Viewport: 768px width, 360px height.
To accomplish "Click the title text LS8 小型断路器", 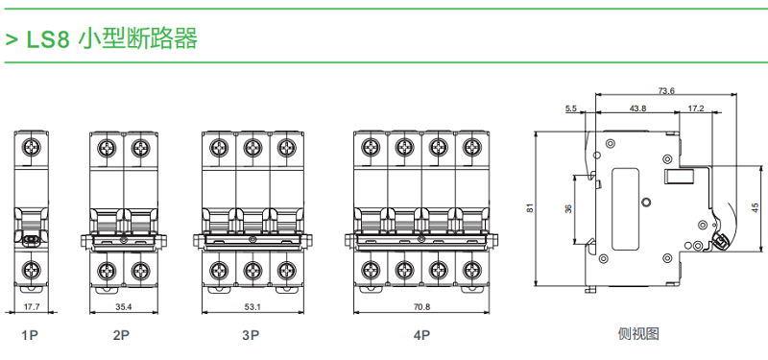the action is [x=111, y=38].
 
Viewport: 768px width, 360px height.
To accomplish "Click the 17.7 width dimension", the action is [x=32, y=307].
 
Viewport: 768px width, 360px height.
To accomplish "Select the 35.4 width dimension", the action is [x=124, y=307].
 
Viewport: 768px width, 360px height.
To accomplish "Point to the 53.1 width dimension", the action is [x=252, y=307].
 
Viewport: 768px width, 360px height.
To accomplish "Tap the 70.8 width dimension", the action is [x=421, y=307].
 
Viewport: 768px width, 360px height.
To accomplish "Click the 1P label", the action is [x=30, y=335].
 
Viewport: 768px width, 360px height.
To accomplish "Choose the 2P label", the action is [x=122, y=335].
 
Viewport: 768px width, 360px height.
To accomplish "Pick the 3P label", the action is [x=251, y=335].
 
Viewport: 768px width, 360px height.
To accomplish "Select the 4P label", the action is [x=421, y=335].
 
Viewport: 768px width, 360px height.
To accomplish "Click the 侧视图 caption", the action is [x=638, y=334].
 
